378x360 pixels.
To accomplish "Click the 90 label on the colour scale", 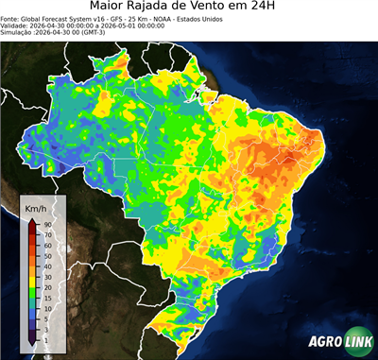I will tap(46, 224).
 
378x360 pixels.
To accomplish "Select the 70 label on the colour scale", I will tap(46, 234).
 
